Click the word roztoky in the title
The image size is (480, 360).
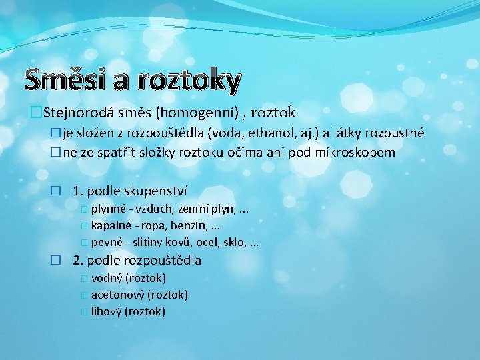189,81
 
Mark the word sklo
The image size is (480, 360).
231,242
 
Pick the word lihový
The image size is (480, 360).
107,311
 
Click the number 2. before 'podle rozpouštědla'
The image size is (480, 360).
78,260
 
